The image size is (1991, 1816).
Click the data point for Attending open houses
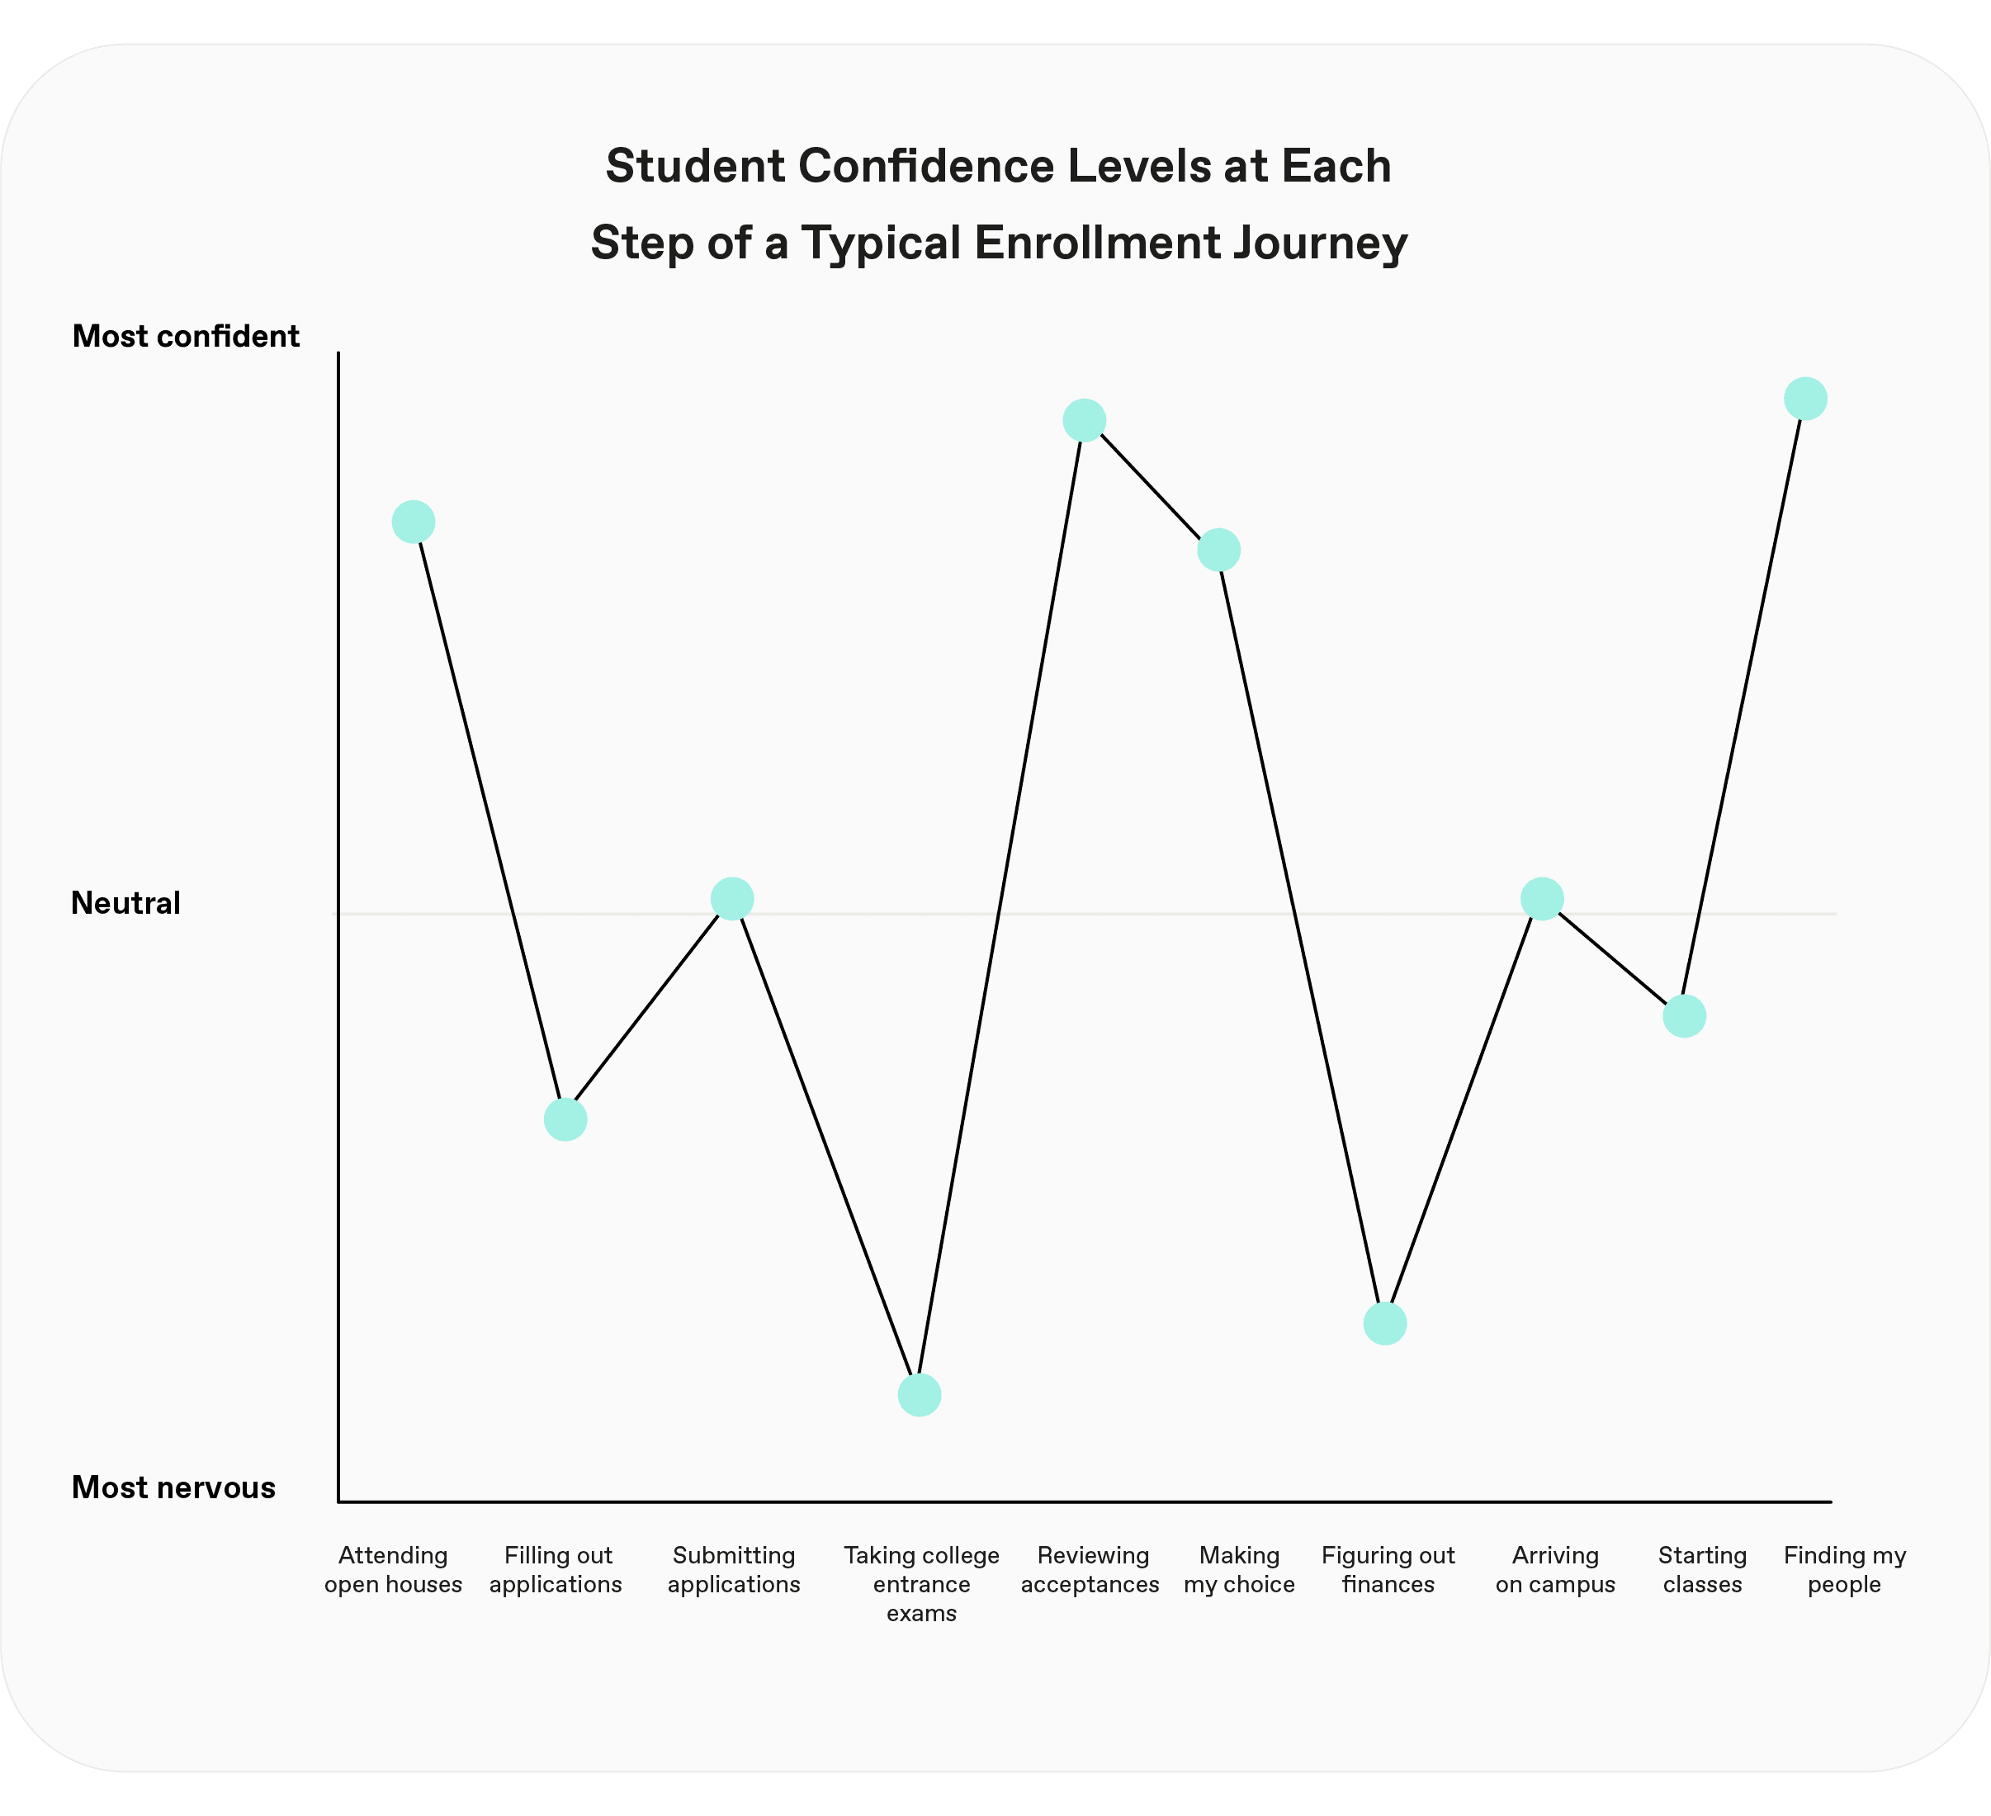[413, 522]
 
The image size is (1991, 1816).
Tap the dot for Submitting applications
[732, 899]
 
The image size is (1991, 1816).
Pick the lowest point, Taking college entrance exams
[920, 1395]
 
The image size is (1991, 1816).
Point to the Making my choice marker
[1218, 550]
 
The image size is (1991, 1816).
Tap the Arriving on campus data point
[1542, 899]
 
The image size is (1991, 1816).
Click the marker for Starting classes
[1684, 1016]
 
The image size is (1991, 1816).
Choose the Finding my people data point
[1805, 399]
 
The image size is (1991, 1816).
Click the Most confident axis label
[186, 337]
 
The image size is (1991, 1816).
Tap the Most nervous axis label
[174, 1487]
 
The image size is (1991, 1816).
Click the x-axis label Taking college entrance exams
[921, 1585]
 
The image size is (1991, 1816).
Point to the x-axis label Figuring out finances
[1388, 1570]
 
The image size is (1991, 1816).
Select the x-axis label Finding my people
[1844, 1570]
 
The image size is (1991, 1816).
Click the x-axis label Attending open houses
[393, 1570]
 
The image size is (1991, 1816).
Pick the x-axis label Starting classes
[1701, 1570]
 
